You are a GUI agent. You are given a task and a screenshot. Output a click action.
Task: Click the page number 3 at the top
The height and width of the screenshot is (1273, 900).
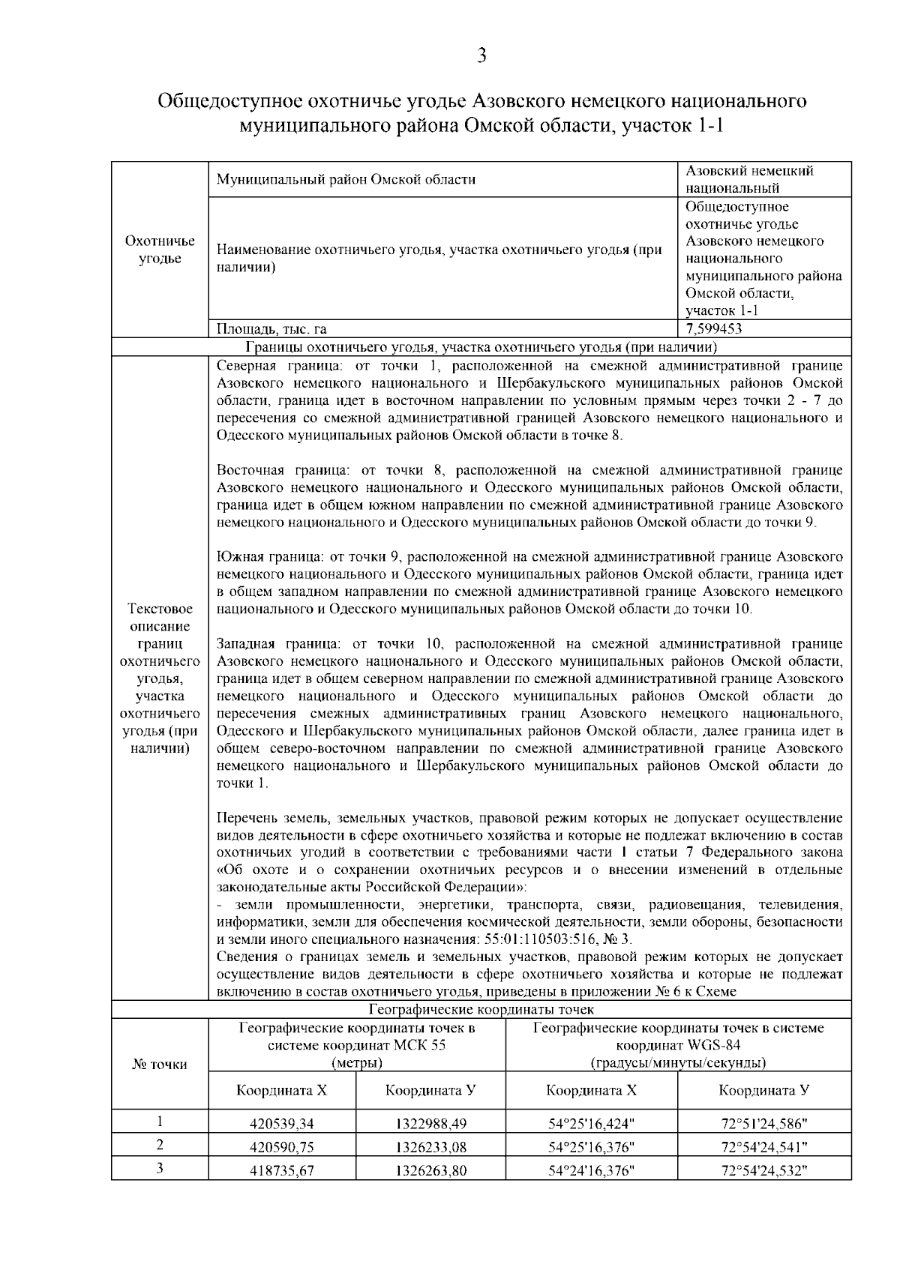pos(481,55)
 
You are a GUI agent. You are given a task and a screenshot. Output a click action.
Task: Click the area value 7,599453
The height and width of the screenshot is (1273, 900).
pos(714,328)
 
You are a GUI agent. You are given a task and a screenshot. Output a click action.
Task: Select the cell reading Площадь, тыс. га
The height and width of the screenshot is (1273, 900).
pos(271,328)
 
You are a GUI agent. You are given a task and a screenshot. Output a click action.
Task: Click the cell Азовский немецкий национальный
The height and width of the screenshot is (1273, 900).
pos(750,179)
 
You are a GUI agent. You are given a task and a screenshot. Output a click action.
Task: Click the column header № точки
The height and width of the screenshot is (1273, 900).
pos(160,1064)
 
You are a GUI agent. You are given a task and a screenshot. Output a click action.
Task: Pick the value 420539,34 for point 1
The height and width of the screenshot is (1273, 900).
pos(282,1124)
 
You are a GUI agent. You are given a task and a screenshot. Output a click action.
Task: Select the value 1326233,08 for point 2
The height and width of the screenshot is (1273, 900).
pos(431,1147)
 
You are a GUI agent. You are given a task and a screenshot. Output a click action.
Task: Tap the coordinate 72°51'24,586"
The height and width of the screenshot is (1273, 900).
pos(764,1124)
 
